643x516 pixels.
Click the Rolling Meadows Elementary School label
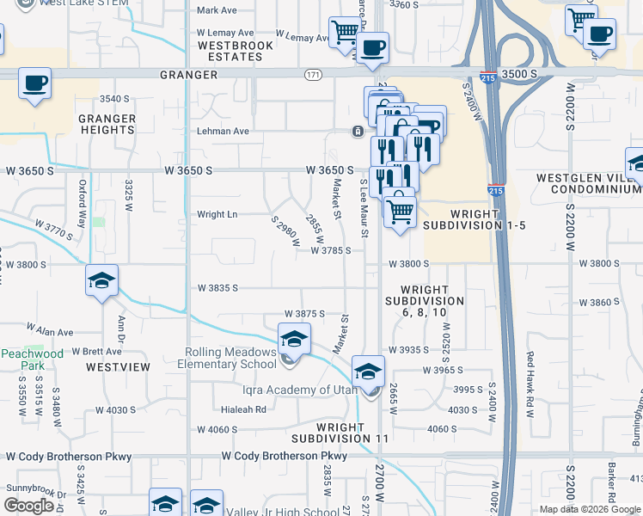point(230,358)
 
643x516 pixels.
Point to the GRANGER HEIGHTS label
point(107,124)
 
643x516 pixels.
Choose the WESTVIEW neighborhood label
point(118,366)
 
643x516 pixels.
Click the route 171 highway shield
point(312,76)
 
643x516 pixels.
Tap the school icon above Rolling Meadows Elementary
point(294,338)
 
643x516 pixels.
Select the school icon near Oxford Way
point(101,279)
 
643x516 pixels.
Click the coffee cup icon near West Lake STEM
point(34,84)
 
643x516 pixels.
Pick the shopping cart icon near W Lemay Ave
point(345,33)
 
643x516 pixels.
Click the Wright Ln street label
point(217,214)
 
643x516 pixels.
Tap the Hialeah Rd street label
point(244,409)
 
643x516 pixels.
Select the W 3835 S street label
point(217,288)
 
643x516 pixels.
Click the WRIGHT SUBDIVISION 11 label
point(352,433)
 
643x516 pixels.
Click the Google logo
point(29,506)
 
